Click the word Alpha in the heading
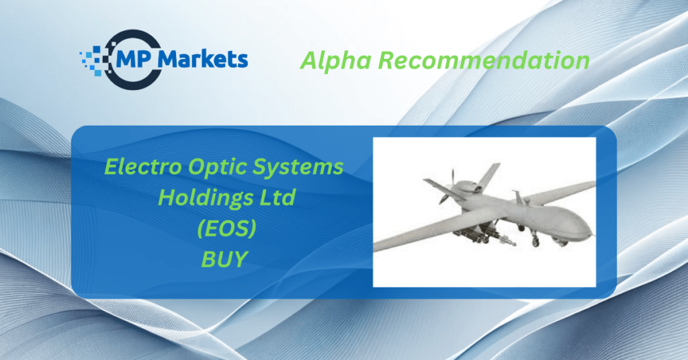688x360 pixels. [x=336, y=60]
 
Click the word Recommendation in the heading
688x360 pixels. [x=484, y=60]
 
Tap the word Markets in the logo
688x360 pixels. [x=203, y=58]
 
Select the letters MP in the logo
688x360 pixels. [x=134, y=60]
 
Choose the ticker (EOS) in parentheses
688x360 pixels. [x=226, y=228]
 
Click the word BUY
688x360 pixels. [x=224, y=259]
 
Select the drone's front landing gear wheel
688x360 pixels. [x=535, y=242]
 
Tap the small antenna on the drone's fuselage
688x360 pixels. [x=518, y=197]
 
